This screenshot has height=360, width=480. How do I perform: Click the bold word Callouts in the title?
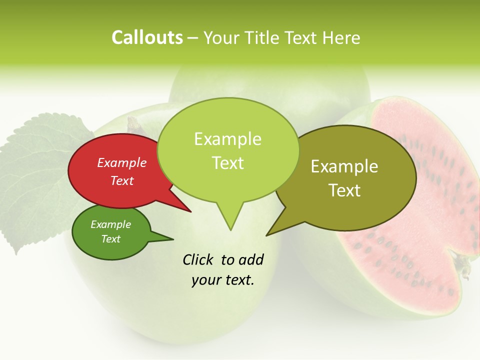point(147,37)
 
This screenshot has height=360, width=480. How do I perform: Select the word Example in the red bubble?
point(121,162)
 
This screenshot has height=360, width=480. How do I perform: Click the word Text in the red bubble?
point(121,180)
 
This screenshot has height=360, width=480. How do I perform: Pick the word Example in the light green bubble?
point(227,139)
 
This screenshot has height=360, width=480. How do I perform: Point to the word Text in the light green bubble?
point(227,163)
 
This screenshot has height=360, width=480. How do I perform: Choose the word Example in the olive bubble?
point(344,166)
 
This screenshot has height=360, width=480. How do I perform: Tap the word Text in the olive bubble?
point(344,190)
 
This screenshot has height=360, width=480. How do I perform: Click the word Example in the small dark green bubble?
point(110,224)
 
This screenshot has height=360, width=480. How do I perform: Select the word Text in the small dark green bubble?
point(110,239)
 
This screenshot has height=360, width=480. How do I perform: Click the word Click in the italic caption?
point(199,259)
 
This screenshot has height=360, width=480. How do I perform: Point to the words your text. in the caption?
point(222,280)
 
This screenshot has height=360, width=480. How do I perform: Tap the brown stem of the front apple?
point(134,124)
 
